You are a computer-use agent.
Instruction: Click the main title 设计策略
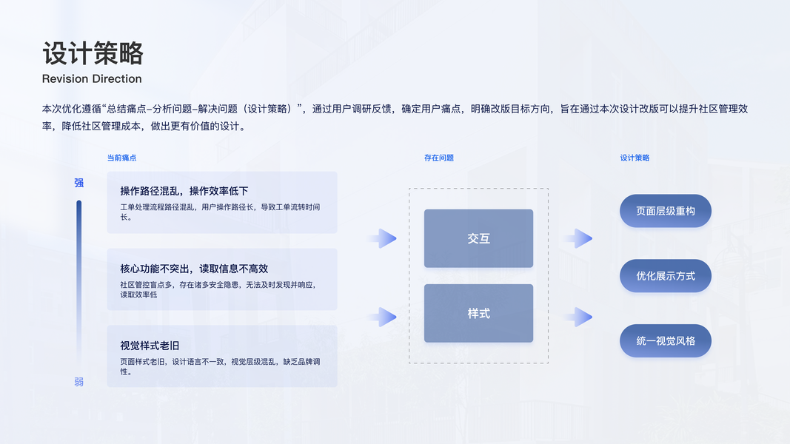pos(93,53)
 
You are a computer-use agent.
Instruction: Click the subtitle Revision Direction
pos(92,78)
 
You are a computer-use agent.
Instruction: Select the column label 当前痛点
pos(121,158)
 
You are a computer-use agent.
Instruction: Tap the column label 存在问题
pos(438,158)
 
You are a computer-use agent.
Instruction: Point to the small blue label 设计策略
pos(635,158)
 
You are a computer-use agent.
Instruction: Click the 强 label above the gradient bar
pos(79,183)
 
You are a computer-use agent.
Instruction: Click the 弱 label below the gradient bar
pos(79,382)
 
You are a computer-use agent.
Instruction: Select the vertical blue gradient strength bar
pos(79,281)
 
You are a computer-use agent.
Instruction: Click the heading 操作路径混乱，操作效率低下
pos(184,191)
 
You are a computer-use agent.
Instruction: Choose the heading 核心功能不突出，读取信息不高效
pos(194,269)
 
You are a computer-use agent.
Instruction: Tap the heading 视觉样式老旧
pos(150,346)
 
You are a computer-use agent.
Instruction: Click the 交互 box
pos(478,238)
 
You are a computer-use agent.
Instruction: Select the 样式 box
pos(478,313)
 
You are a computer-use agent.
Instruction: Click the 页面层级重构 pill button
pos(665,211)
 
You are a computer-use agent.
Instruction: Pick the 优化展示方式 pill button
pos(665,276)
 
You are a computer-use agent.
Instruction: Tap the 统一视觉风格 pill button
pos(665,341)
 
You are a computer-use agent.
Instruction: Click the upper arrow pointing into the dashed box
pos(384,238)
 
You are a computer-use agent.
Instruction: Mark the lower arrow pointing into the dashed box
pos(384,317)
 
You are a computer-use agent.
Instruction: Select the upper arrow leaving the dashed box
pos(579,238)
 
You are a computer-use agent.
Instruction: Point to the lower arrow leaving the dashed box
pos(579,317)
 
